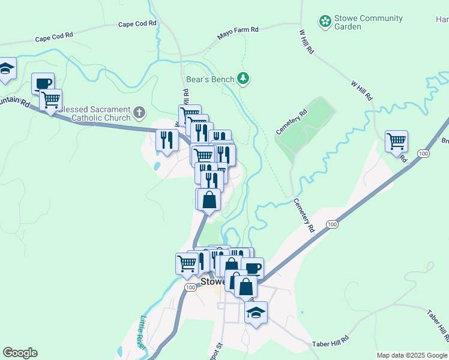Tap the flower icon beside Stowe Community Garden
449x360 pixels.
tap(325, 22)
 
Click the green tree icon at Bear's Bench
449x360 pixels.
tap(243, 78)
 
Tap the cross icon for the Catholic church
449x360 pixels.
tap(139, 112)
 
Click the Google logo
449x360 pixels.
tap(20, 353)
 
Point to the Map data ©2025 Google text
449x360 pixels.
tap(411, 355)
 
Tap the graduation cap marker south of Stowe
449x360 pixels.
tap(256, 312)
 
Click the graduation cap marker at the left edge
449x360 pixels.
tap(6, 70)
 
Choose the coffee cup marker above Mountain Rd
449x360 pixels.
tap(43, 84)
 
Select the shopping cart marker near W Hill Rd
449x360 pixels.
tap(397, 142)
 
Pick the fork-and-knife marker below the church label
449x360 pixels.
tap(166, 140)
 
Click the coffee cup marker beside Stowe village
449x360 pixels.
tap(253, 268)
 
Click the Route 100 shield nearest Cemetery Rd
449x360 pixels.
tap(331, 224)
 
